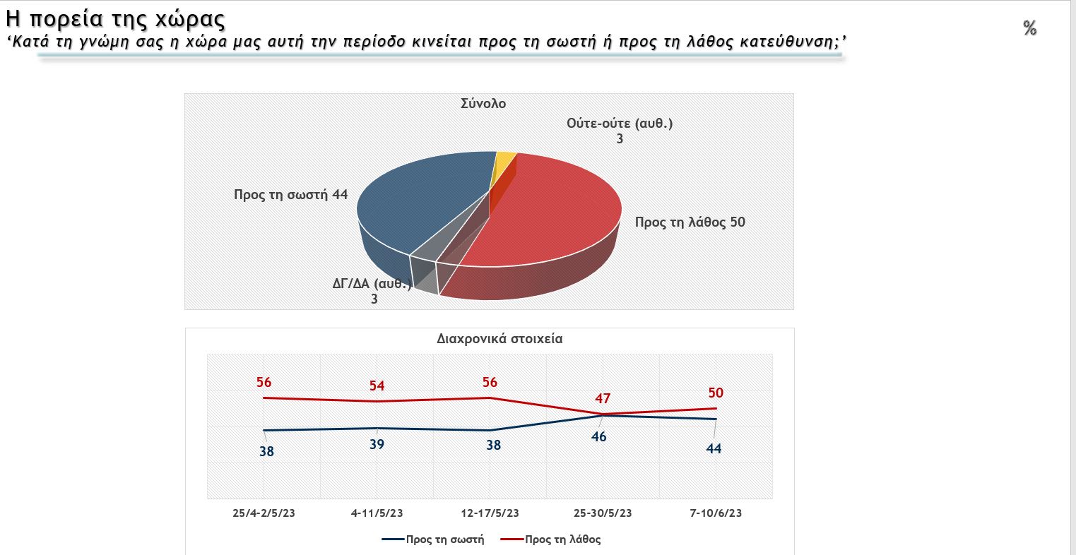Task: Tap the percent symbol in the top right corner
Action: point(1029,28)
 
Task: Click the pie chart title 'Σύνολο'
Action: point(483,103)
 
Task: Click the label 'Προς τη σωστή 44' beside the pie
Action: point(291,194)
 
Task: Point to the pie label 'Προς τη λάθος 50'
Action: point(690,222)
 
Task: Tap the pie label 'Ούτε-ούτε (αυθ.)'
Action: point(620,124)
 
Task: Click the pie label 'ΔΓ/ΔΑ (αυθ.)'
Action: point(372,285)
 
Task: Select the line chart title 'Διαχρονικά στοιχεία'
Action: point(499,338)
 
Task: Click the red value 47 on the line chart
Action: point(603,398)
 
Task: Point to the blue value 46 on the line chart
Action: point(599,436)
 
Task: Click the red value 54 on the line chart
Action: point(377,386)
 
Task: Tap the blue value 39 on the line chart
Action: point(377,445)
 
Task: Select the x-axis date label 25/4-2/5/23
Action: point(264,513)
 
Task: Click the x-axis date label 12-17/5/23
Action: point(490,513)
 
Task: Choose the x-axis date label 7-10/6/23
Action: point(716,513)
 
